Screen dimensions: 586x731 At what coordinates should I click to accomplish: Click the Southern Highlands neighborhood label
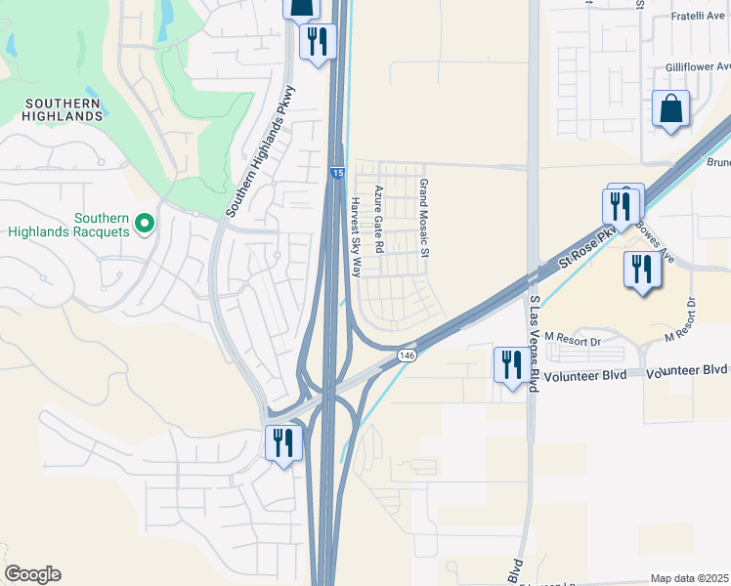(x=64, y=109)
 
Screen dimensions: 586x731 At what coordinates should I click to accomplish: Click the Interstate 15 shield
(x=336, y=173)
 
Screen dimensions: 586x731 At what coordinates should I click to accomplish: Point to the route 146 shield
(x=407, y=357)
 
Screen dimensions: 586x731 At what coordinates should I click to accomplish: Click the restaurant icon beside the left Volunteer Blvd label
(x=510, y=366)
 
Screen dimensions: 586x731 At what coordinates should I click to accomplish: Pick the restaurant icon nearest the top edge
(x=317, y=42)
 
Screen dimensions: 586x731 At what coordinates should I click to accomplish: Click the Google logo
(x=32, y=574)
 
